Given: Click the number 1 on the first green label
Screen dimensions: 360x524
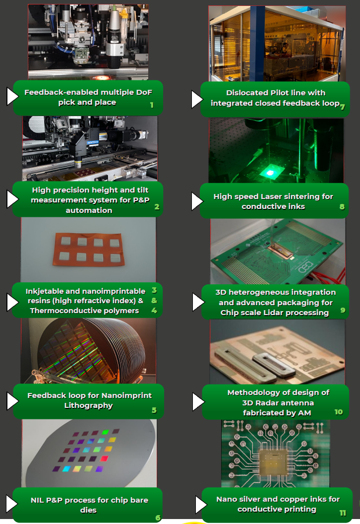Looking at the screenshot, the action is (152, 105).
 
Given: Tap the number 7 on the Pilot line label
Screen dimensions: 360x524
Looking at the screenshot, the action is (343, 107).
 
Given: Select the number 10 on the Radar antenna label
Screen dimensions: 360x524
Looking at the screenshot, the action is (339, 412).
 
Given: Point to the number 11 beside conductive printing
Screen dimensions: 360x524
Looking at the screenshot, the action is (343, 513).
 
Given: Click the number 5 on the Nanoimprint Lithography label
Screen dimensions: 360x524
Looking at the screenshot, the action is (154, 410).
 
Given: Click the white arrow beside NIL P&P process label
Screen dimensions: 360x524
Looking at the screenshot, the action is (12, 503).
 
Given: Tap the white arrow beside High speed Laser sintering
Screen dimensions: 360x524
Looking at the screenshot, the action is (197, 202).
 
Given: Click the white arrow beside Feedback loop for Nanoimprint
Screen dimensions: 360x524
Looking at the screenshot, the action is (12, 400).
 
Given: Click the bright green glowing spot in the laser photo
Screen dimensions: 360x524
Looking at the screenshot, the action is (270, 173).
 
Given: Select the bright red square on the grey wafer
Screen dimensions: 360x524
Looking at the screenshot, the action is (104, 458).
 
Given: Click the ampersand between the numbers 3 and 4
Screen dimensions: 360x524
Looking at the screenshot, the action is (154, 300).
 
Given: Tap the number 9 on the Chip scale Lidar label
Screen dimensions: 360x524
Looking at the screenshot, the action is (343, 310).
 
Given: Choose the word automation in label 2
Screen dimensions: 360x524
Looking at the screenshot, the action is (89, 210).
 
